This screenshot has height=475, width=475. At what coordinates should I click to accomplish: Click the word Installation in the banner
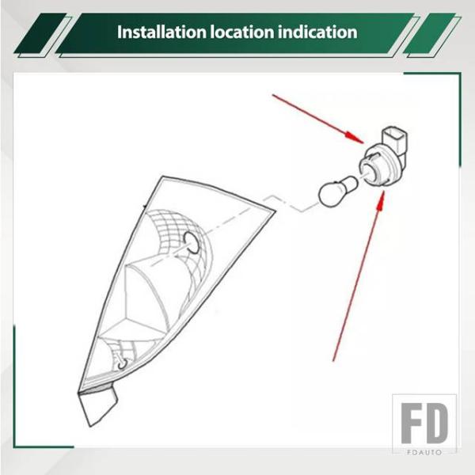[x=161, y=32]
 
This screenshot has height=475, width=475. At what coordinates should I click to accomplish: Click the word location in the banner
[x=242, y=32]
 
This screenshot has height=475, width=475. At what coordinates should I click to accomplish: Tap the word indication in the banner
[x=317, y=32]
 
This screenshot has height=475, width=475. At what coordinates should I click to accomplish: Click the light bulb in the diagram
[x=338, y=191]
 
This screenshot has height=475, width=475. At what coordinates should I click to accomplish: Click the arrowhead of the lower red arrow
[x=382, y=199]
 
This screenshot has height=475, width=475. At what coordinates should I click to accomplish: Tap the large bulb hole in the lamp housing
[x=192, y=242]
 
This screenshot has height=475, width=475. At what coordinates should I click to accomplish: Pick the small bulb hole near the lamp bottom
[x=123, y=364]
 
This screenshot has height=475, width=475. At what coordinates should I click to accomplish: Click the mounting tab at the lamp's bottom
[x=97, y=407]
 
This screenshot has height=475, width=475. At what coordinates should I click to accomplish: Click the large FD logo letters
[x=424, y=424]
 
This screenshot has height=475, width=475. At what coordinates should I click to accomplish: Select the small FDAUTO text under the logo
[x=424, y=453]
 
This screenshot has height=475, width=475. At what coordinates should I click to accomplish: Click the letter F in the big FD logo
[x=412, y=424]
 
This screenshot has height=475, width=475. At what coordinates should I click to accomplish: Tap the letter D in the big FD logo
[x=437, y=424]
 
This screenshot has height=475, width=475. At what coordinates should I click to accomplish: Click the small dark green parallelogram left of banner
[x=40, y=33]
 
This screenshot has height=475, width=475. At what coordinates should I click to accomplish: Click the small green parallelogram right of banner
[x=430, y=33]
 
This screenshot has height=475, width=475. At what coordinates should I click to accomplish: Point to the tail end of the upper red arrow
[x=272, y=95]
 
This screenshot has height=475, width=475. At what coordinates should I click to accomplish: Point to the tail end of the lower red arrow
[x=333, y=361]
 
